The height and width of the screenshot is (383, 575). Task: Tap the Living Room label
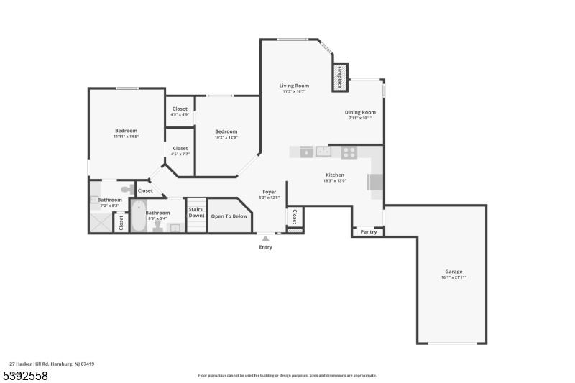click(295, 86)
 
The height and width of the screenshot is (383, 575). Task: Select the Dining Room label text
click(360, 112)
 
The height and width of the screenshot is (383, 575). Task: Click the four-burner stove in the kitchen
click(349, 152)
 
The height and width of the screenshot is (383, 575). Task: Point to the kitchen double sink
click(323, 152)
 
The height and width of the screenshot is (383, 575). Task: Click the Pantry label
click(369, 232)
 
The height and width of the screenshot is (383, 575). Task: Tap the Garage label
click(454, 272)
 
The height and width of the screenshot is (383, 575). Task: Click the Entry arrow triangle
click(266, 238)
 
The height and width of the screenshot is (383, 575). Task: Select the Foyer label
click(270, 192)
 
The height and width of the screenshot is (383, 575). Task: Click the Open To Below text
click(229, 216)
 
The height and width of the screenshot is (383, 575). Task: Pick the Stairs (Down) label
click(196, 212)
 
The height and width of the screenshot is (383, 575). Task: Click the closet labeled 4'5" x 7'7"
click(180, 151)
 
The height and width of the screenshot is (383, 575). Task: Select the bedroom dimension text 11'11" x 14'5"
click(126, 137)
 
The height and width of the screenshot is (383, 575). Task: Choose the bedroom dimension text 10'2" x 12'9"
click(226, 137)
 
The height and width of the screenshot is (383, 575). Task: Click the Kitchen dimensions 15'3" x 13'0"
click(335, 180)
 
